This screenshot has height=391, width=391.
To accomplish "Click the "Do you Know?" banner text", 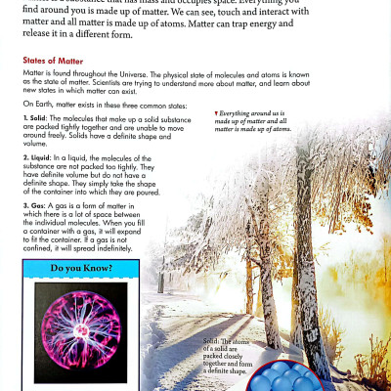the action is (80, 267).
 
